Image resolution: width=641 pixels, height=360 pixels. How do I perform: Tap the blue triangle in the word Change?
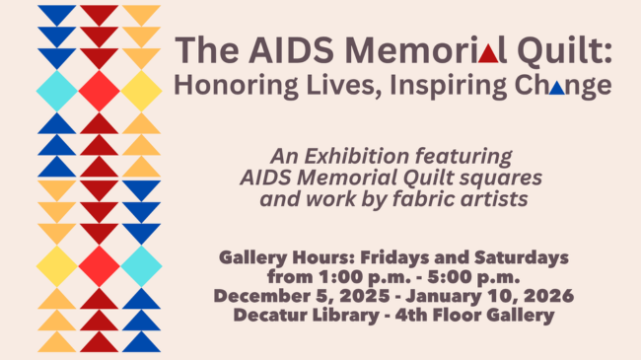(557, 88)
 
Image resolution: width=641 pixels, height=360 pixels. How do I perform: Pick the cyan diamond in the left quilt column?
(57, 91)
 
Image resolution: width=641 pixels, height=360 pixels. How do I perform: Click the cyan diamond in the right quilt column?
(141, 266)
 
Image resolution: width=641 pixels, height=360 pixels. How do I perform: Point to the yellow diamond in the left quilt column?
(57, 266)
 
